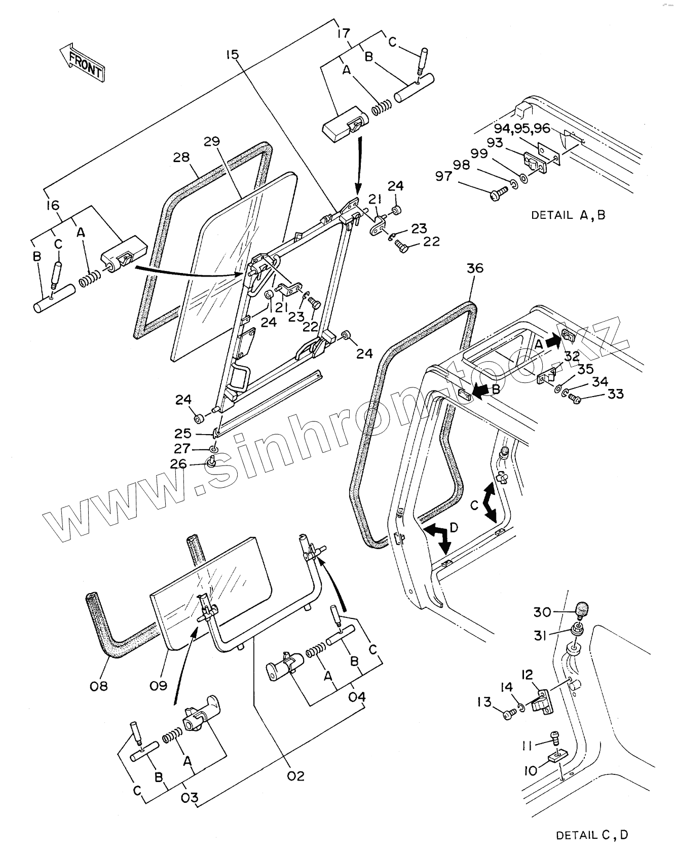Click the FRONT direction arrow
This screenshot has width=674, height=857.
(82, 62)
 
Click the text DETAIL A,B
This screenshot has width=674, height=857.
(568, 215)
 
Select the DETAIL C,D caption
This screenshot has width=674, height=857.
(592, 835)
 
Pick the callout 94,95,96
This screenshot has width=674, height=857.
(522, 128)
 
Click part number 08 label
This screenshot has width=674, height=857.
(100, 686)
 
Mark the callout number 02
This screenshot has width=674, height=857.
(295, 775)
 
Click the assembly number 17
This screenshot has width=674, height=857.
(343, 33)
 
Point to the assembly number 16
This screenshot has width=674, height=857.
(52, 205)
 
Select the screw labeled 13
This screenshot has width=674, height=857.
(508, 714)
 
